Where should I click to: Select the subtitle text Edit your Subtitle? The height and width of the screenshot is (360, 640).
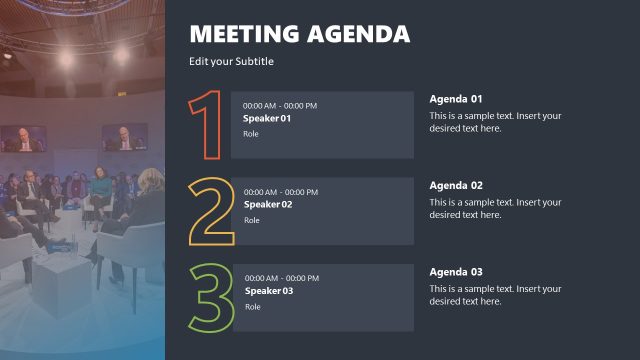[x=231, y=62]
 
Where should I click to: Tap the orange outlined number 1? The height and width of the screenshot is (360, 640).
[x=207, y=125]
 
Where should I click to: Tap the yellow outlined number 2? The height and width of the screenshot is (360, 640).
[x=211, y=212]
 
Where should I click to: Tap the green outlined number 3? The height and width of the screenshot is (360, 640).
[x=211, y=298]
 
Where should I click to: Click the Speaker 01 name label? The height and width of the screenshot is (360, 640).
[x=267, y=119]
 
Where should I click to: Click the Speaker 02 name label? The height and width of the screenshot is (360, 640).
[x=268, y=205]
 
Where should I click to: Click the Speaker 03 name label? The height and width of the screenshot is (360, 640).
[x=269, y=291]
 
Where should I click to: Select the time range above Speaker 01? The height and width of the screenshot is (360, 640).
[x=280, y=106]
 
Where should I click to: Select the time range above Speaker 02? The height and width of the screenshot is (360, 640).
[x=281, y=192]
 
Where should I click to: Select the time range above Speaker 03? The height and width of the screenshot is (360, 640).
[x=282, y=278]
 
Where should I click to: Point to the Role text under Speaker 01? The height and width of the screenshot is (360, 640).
[x=251, y=134]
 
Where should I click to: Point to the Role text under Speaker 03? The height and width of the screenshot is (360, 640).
[x=253, y=306]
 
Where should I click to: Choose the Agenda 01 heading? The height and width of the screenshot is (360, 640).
[x=456, y=99]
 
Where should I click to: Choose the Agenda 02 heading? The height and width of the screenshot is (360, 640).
[x=456, y=185]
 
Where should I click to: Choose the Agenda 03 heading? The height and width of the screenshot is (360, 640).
[x=456, y=272]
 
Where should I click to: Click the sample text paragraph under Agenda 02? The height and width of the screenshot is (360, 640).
[x=495, y=208]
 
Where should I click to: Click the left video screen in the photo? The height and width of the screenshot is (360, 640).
[x=22, y=138]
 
